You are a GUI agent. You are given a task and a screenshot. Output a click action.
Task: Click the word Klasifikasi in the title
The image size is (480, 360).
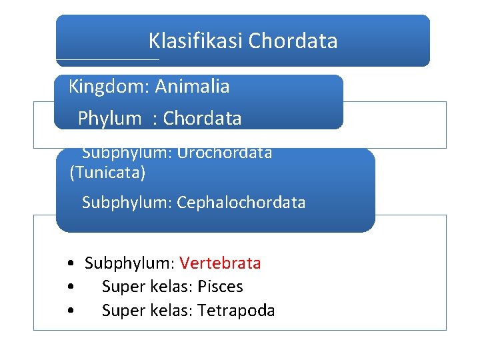point(195,41)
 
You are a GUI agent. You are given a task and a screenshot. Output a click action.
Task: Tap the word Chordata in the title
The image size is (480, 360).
point(293,41)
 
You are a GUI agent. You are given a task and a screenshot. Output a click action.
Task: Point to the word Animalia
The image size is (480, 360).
point(192,86)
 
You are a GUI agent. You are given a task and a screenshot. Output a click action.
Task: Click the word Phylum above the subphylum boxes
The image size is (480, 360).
point(109,119)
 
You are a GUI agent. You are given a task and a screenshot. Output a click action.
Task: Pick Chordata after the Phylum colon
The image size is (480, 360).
point(202,118)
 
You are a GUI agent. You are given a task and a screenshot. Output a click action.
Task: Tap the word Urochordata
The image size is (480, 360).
point(225,153)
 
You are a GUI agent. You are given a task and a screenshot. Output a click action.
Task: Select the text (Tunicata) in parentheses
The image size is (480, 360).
point(107,173)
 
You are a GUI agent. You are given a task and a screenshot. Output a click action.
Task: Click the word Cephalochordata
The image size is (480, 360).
point(241,203)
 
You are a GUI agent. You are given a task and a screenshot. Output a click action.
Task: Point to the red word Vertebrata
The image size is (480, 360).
point(220,263)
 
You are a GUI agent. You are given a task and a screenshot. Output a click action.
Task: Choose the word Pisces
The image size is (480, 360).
point(220,287)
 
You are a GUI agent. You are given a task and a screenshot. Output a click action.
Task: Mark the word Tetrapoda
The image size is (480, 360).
point(236,311)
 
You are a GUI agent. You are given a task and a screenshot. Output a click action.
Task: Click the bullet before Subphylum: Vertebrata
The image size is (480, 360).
point(71,263)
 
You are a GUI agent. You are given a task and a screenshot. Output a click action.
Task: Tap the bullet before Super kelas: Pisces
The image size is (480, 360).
point(71,287)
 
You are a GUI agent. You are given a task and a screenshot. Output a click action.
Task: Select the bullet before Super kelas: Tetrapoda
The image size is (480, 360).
point(71,311)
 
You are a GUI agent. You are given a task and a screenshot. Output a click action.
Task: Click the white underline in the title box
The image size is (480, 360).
point(108,59)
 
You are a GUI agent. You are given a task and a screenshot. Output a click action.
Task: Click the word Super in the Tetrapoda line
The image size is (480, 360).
point(124,311)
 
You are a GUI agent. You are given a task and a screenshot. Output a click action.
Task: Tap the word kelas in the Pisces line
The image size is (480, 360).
point(171,287)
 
